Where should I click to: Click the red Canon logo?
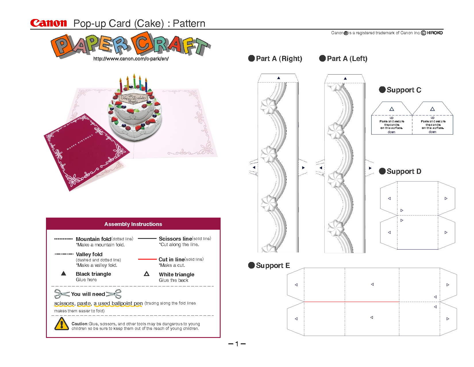[x=49, y=23]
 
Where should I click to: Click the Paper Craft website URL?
[x=131, y=59]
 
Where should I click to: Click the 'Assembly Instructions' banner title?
[x=133, y=224]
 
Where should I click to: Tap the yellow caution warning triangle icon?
[x=61, y=324]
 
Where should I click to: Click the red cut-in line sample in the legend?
[x=147, y=259]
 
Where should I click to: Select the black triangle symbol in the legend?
[x=64, y=274]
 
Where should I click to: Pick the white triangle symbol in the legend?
[x=147, y=274]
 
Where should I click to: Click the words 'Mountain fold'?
[x=93, y=239]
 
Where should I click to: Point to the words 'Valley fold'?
[x=89, y=254]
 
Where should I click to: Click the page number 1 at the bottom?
[x=237, y=344]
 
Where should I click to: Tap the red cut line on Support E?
[x=351, y=302]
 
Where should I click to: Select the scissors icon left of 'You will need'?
[x=62, y=294]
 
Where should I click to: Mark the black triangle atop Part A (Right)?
[x=278, y=78]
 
